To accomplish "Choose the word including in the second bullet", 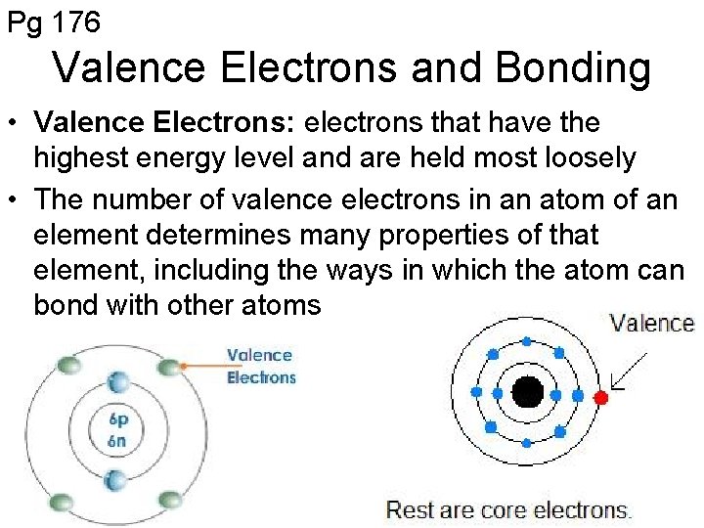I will tap(241, 270).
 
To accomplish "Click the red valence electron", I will tap(600, 397).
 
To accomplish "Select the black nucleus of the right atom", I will tap(528, 393).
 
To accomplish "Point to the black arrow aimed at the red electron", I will tap(629, 373).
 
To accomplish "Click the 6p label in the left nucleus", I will tap(119, 420).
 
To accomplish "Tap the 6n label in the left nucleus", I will tap(119, 441).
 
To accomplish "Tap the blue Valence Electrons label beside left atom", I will tap(260, 367).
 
